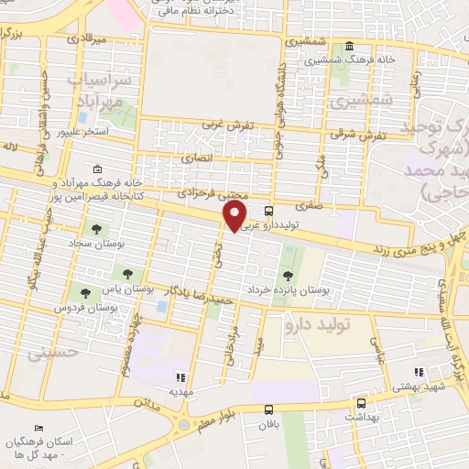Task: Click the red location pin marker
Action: point(234,216)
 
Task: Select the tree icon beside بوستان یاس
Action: point(127,273)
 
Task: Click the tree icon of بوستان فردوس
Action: point(85,294)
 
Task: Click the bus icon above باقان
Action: point(268,411)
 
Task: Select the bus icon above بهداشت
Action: point(361,404)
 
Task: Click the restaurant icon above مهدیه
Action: point(180,376)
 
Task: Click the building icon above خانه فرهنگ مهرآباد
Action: point(98,170)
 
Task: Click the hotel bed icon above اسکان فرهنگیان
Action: point(38,429)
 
